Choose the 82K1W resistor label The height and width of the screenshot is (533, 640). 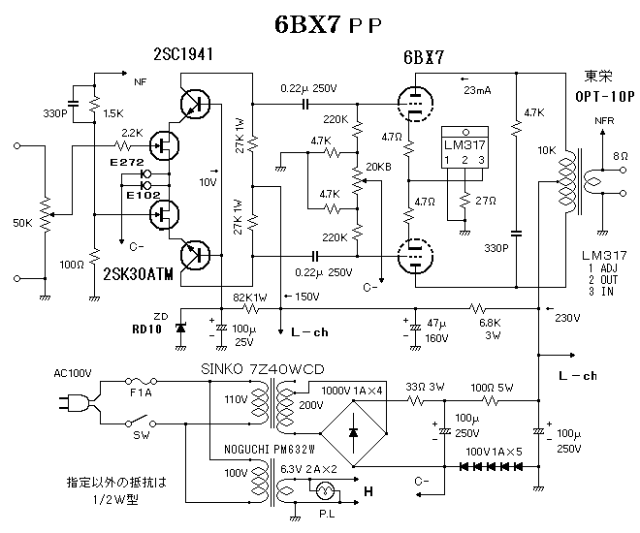point(250,298)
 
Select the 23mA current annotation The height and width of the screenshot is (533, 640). point(477,91)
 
